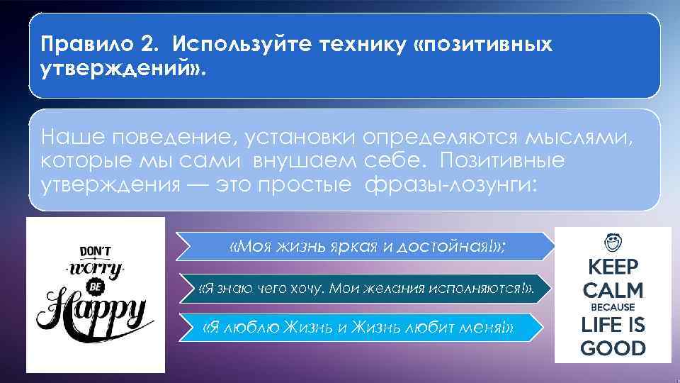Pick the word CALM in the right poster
[x=612, y=291]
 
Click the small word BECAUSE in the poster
[x=612, y=308]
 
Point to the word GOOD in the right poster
[x=613, y=348]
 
